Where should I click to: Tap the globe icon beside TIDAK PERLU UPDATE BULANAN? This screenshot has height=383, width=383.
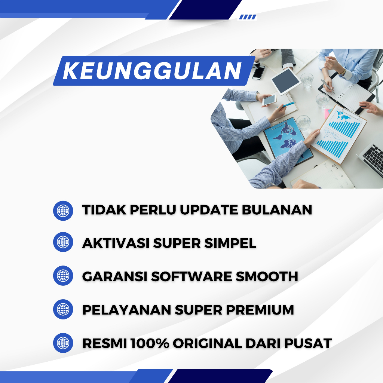click(x=63, y=211)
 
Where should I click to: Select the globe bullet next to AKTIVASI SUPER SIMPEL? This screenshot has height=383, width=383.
click(x=63, y=242)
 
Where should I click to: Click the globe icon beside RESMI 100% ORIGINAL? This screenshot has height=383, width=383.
click(x=63, y=343)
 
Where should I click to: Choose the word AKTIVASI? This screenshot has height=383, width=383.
click(x=116, y=243)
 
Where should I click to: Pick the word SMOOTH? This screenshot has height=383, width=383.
click(x=267, y=276)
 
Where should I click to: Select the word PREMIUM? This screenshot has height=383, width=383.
click(x=260, y=310)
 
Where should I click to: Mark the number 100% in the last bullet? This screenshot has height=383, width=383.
click(x=150, y=343)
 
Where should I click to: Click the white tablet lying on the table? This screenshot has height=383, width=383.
click(x=286, y=81)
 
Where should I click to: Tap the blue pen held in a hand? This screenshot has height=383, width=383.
click(x=288, y=105)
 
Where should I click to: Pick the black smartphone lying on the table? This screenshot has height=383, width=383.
click(x=259, y=72)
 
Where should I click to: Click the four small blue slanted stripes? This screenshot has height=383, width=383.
click(x=247, y=17)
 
